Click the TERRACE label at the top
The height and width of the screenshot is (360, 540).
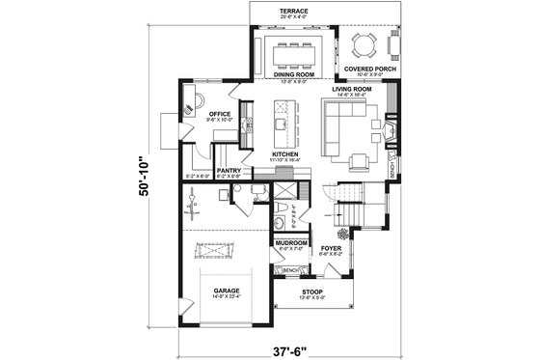(293, 9)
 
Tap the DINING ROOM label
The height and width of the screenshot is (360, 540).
(293, 73)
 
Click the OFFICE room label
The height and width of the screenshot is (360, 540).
(217, 114)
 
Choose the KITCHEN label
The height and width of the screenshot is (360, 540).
(285, 153)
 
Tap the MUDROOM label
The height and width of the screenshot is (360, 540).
(292, 242)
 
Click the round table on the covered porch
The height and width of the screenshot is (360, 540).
(365, 43)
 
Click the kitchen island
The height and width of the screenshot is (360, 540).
(281, 115)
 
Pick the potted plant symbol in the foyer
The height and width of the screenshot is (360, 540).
(342, 232)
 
